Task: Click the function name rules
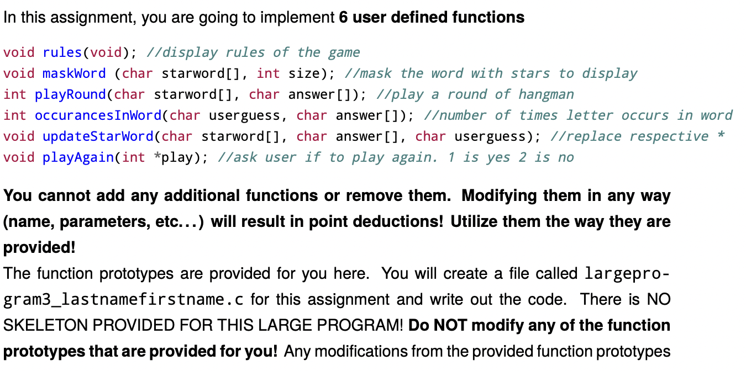click(x=62, y=52)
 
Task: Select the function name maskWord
click(x=74, y=73)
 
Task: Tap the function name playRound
click(x=70, y=95)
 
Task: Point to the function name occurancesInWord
click(x=98, y=115)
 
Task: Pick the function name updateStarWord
click(x=98, y=137)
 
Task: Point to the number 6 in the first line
click(x=343, y=17)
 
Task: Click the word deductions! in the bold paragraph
click(x=398, y=221)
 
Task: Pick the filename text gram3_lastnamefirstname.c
click(x=124, y=299)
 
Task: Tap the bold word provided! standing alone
click(x=39, y=247)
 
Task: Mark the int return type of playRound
click(x=15, y=95)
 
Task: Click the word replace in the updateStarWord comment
click(x=586, y=137)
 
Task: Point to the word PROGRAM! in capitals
click(x=360, y=325)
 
